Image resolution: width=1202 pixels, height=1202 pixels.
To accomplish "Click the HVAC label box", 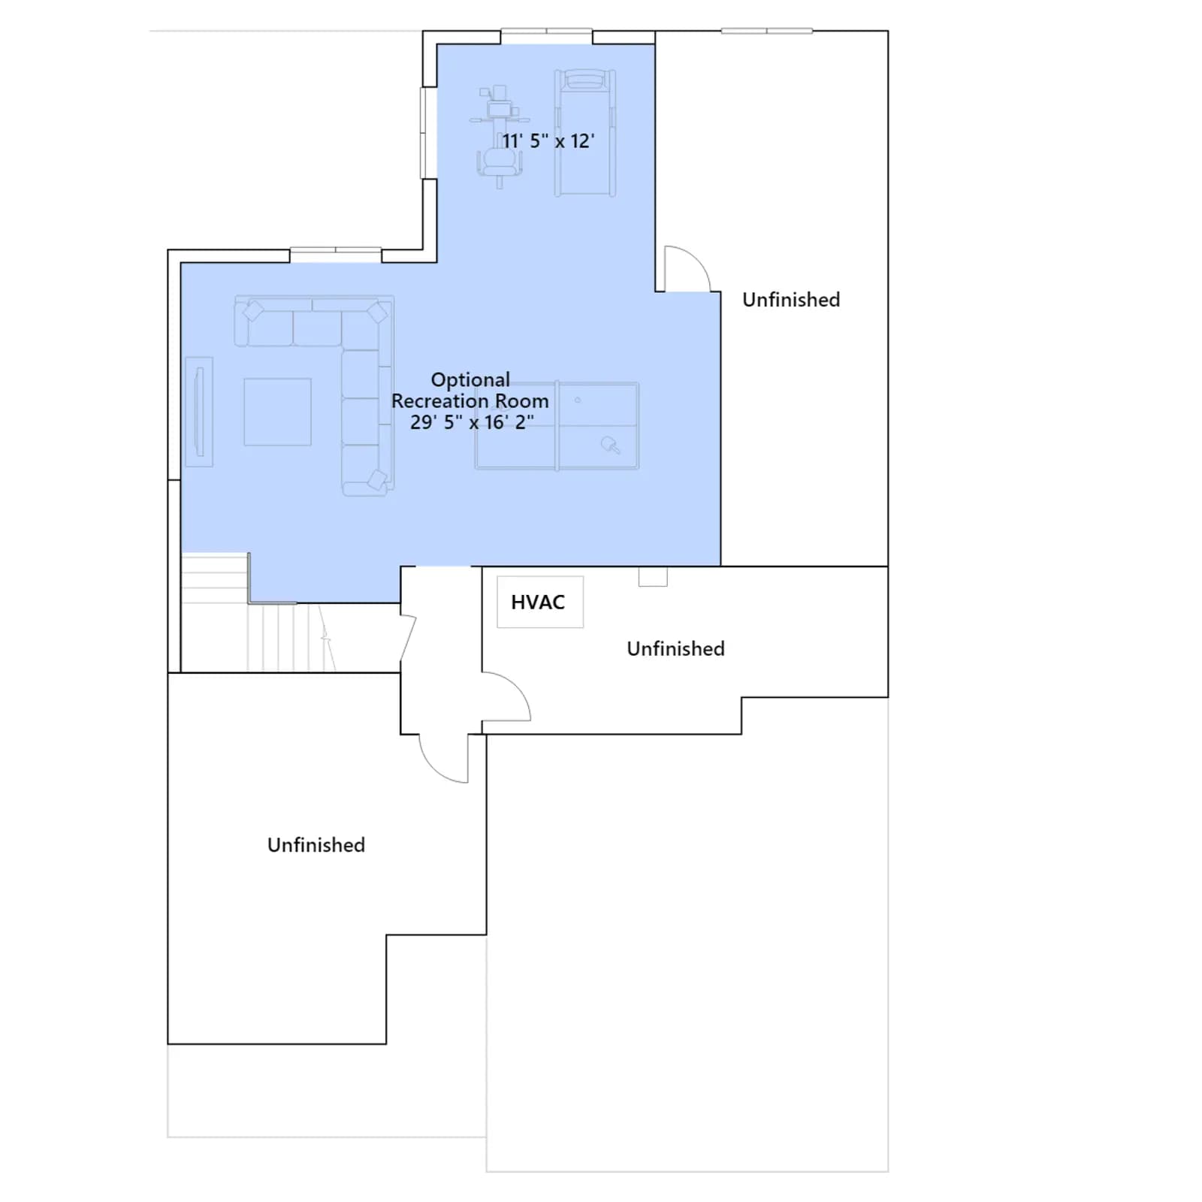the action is (540, 602).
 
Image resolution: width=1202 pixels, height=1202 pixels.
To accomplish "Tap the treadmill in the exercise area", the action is (585, 133).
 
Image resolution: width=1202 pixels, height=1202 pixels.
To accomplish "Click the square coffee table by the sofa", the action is (277, 412).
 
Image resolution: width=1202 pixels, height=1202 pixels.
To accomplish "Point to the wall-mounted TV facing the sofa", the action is (199, 412).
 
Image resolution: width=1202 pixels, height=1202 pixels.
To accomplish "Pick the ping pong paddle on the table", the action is (610, 445).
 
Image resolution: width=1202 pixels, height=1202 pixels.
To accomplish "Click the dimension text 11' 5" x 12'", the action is (548, 141).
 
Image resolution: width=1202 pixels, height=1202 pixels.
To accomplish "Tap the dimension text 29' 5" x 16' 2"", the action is (472, 422).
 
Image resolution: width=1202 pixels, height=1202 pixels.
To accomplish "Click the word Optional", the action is (470, 379).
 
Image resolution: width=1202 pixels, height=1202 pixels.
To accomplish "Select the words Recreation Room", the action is (470, 400).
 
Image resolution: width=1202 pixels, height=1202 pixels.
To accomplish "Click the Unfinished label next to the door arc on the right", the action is (791, 300).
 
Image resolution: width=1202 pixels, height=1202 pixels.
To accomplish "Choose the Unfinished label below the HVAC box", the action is (676, 649).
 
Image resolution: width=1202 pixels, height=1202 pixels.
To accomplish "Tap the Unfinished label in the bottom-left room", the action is (316, 845).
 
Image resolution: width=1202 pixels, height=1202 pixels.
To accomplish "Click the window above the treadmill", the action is (546, 32).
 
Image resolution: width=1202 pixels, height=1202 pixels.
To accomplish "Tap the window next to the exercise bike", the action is (428, 133).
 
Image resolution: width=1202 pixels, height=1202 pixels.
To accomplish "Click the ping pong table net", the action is (557, 426).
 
